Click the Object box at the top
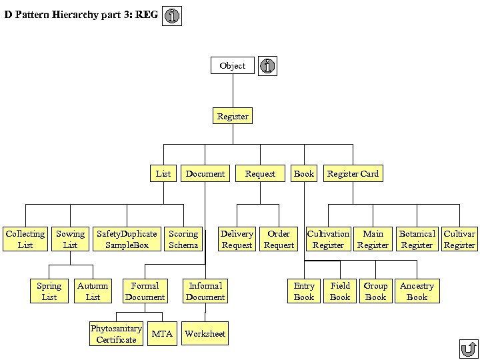(x=233, y=65)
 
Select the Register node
(x=233, y=116)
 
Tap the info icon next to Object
(x=267, y=66)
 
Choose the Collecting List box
(x=25, y=239)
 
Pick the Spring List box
(x=49, y=291)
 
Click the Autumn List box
(x=93, y=291)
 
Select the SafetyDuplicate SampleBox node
(x=127, y=239)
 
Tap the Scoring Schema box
(x=183, y=239)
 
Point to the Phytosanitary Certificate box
(x=116, y=334)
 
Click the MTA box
(x=162, y=334)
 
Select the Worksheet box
(x=205, y=334)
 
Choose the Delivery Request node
(x=237, y=239)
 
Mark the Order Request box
(x=279, y=239)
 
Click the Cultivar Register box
(x=459, y=239)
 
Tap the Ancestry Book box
(x=417, y=291)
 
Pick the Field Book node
(x=340, y=291)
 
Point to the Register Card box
(x=353, y=173)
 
